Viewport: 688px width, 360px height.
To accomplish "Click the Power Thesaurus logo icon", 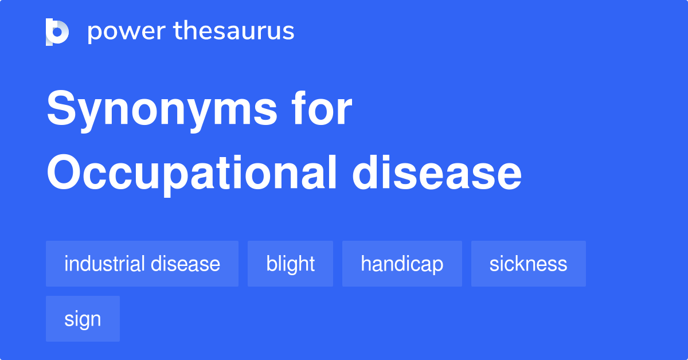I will coord(57,32).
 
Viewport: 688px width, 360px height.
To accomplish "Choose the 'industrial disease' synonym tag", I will coord(142,264).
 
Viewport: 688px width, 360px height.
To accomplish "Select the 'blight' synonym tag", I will coord(290,264).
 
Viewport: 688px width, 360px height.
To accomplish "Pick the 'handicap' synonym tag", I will coord(402,264).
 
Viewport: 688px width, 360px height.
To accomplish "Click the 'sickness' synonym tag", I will coord(528,264).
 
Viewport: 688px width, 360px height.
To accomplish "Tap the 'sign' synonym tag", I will coord(83,319).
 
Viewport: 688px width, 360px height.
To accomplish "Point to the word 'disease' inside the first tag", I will coord(185,264).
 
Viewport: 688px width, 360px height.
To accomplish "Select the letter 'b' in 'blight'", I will coord(270,264).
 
